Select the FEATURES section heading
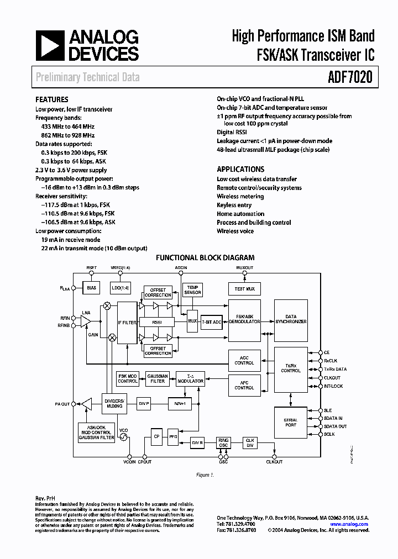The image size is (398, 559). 53,100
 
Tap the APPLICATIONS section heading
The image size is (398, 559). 240,170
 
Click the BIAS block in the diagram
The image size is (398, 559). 92,288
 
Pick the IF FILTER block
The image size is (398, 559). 127,322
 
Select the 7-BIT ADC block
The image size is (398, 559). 211,321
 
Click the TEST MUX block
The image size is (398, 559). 244,288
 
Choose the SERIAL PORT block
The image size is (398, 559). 290,423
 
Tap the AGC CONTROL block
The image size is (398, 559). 244,360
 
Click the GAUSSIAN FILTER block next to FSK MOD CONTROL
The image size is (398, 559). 158,378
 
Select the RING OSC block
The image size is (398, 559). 223,443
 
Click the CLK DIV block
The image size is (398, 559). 250,442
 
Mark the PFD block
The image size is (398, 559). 173,436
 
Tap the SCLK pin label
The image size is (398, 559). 329,434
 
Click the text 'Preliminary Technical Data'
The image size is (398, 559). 88,77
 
